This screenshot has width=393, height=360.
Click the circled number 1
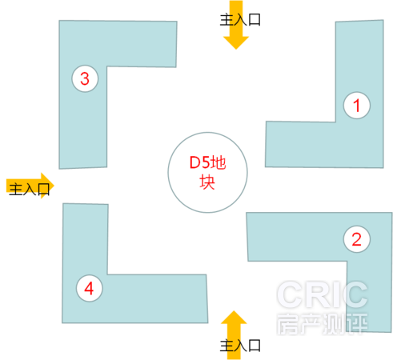point(357,106)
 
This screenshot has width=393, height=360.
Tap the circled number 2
point(357,239)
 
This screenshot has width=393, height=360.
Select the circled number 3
point(85,78)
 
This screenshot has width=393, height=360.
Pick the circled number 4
point(89,288)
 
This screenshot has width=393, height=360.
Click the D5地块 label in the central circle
point(207,172)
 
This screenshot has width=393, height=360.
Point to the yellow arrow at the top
point(236,25)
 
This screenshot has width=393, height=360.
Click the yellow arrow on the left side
point(30,186)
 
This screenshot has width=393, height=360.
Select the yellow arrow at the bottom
point(234,335)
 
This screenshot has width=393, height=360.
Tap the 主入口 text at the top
point(240,20)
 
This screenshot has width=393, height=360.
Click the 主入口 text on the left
point(30,189)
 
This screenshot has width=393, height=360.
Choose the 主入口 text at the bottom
point(240,346)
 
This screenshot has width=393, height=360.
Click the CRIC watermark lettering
point(323,295)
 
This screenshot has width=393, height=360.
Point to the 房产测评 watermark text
point(323,324)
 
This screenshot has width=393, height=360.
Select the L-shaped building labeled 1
point(359,144)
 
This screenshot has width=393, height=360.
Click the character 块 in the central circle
point(207,182)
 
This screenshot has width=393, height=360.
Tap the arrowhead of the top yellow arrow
point(236,42)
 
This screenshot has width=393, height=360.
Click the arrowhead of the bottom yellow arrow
point(234,318)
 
